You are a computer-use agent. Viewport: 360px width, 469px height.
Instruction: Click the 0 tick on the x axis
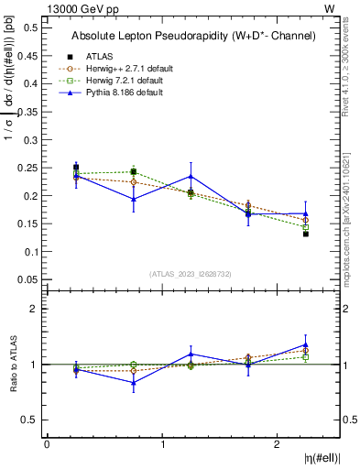coord(47,444)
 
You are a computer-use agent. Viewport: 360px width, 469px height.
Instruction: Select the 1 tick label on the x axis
coord(163,444)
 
